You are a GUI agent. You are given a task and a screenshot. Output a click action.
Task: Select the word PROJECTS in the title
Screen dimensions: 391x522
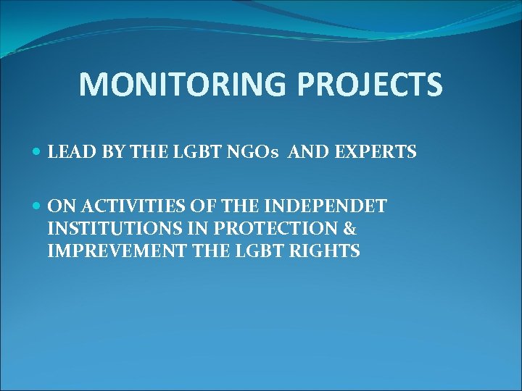(x=376, y=84)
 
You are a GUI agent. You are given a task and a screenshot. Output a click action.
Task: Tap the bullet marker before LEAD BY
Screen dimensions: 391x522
(x=37, y=153)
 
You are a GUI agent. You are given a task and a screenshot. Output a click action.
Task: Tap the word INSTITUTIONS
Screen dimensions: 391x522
(x=109, y=230)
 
